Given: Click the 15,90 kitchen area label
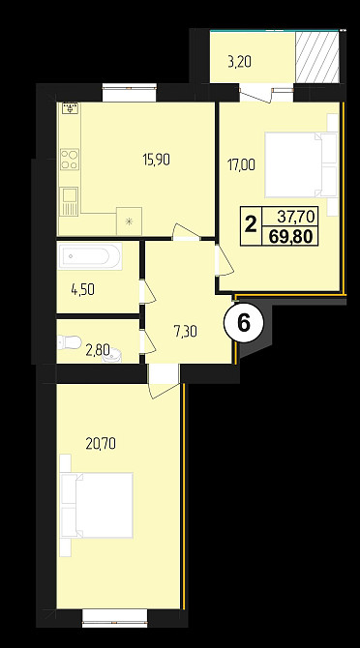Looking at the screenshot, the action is (x=156, y=160).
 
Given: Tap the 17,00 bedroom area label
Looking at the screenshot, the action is (x=241, y=164).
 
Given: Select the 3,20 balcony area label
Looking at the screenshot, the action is (x=240, y=63).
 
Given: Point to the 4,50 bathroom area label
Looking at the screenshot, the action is (x=82, y=290).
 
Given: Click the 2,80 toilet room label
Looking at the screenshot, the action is (x=98, y=351).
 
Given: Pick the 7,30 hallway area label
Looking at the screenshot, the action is (x=186, y=331).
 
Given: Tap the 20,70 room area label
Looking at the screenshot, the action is (x=101, y=444).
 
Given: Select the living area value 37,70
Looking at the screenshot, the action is (x=296, y=216).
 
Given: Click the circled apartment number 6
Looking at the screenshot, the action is (x=244, y=323).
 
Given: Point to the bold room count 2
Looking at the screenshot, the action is (x=250, y=225).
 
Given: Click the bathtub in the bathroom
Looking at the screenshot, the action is (x=90, y=256).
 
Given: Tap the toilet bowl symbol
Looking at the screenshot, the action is (x=70, y=342).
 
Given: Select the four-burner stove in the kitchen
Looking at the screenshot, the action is (x=70, y=160).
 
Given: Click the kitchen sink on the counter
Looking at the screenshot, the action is (x=69, y=201).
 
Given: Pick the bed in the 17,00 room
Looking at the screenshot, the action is (x=301, y=164).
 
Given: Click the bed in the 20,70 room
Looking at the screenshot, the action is (x=97, y=505).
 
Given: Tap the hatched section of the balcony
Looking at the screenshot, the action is (x=317, y=57).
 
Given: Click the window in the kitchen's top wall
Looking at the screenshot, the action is (x=130, y=93).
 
